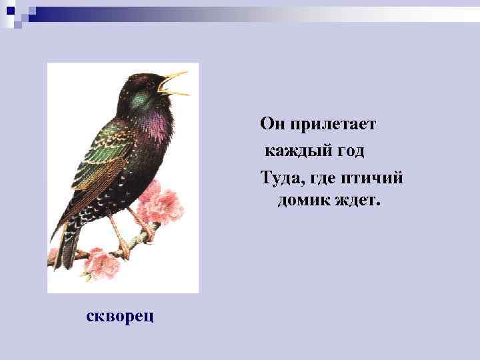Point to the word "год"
pos(349,151)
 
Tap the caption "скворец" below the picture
pos(120,315)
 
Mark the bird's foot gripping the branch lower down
pos(123,251)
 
